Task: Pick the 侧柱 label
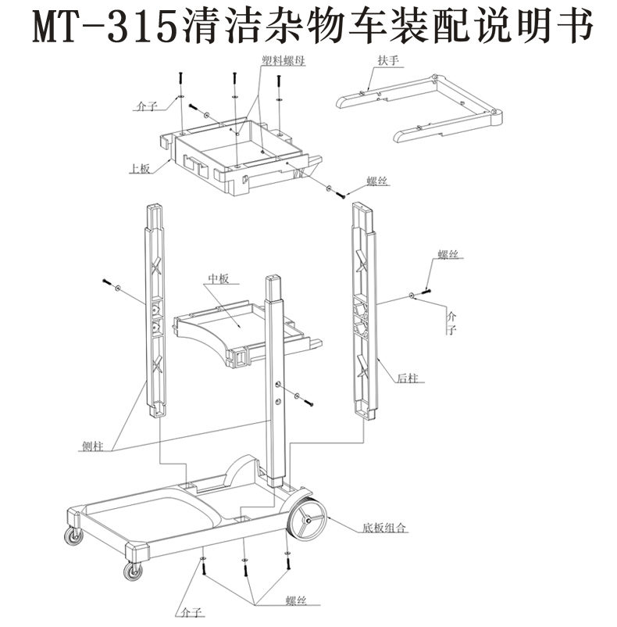[x=92, y=446]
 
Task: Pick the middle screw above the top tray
[x=234, y=86]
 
